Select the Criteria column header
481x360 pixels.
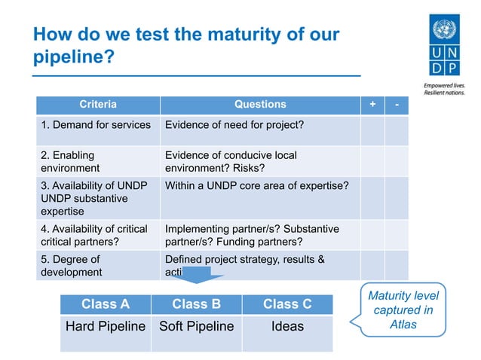[98, 105]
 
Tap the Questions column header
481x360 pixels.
[260, 105]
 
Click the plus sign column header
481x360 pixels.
[372, 105]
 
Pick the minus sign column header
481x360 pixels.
[397, 105]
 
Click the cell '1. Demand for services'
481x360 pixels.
[96, 124]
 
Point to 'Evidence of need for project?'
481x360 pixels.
[234, 124]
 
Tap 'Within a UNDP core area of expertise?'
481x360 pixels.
[256, 185]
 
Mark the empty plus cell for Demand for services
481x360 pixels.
[372, 130]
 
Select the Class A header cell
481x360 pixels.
[105, 304]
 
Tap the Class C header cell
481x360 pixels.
[286, 304]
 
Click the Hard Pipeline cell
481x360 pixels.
[105, 327]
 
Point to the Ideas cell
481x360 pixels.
[286, 327]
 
